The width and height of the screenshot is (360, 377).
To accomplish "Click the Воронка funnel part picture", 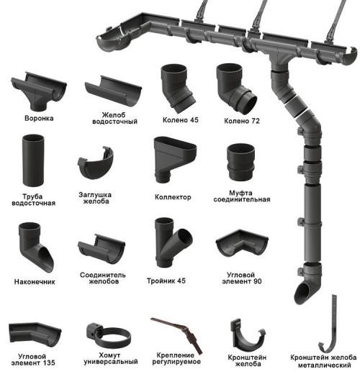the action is tap(38, 90).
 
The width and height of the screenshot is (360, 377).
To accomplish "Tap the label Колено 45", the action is tap(181, 120).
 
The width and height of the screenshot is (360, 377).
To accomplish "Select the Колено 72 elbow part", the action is tap(236, 88).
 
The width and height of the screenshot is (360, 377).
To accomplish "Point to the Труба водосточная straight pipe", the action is tap(33, 160).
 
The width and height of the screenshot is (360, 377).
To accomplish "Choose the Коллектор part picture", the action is tap(175, 159).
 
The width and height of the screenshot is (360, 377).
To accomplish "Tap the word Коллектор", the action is tap(173, 197).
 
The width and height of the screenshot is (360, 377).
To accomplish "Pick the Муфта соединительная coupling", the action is tap(240, 163).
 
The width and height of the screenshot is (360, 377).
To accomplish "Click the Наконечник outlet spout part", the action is tap(36, 247).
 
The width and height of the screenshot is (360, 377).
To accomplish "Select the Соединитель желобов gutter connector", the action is tap(101, 249).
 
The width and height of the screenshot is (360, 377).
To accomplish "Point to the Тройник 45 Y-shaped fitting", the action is tap(173, 242).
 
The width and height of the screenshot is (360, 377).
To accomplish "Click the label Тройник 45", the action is tap(166, 281).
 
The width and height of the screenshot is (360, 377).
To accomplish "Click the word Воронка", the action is tap(39, 118).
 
